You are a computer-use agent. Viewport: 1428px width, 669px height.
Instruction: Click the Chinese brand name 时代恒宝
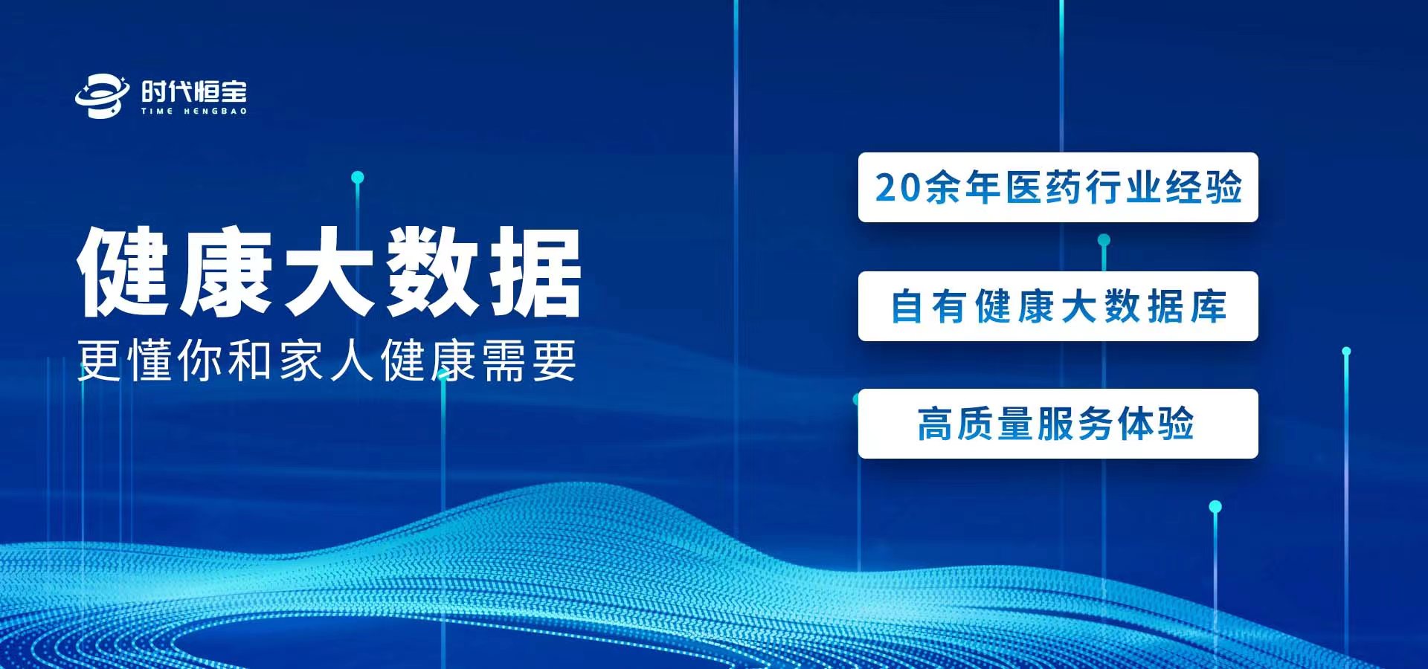pos(194,91)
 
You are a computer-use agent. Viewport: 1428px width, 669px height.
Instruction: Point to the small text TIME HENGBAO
pos(194,111)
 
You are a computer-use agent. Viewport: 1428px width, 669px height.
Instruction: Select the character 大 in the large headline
pos(329,271)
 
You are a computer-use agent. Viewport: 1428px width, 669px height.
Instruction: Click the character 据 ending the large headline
pos(535,271)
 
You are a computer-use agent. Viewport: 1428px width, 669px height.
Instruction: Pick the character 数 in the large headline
pos(432,271)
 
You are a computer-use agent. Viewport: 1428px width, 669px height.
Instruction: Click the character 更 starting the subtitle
pos(100,361)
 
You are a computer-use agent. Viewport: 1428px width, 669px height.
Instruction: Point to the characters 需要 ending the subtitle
pos(529,361)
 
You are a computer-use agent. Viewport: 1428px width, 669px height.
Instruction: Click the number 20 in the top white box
pos(898,187)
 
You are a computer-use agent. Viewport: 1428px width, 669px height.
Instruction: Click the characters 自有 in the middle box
pos(928,306)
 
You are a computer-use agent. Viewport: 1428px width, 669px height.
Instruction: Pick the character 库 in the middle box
pos(1208,306)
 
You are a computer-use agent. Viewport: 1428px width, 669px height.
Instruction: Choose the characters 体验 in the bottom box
pos(1156,424)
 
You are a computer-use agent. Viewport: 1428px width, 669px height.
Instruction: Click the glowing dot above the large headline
pos(358,177)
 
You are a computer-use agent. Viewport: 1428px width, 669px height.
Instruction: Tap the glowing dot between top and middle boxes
pos(1104,240)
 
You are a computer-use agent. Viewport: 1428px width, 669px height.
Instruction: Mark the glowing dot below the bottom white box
pos(1215,507)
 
